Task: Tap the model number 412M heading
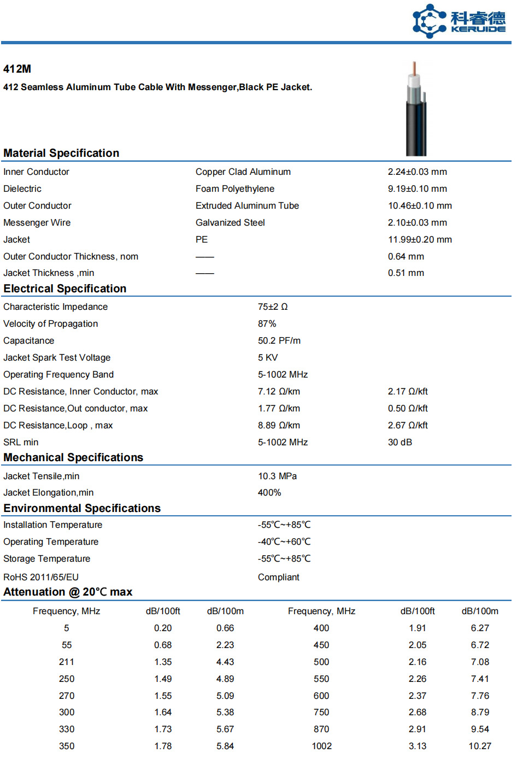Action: coord(17,69)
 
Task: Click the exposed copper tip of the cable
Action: coord(415,68)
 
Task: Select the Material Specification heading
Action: coord(61,153)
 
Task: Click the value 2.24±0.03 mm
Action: coord(417,172)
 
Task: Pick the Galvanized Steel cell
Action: coord(230,222)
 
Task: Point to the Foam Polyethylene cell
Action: coord(235,189)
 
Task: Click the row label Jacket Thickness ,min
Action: coord(49,273)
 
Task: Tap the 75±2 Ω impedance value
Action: coord(273,307)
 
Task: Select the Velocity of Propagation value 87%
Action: coord(267,323)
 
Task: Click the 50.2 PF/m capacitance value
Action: coord(279,340)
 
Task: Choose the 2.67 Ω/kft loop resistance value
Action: coord(408,425)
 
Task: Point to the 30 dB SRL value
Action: coord(400,442)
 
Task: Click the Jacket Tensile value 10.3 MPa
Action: coord(278,476)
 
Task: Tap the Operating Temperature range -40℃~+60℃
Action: coord(284,542)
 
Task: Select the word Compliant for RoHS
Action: coord(279,577)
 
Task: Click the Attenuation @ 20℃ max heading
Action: coord(68,592)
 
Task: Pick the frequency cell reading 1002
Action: coord(321,746)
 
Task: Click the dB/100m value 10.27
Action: coord(480,746)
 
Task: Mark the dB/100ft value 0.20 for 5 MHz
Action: coord(163,628)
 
